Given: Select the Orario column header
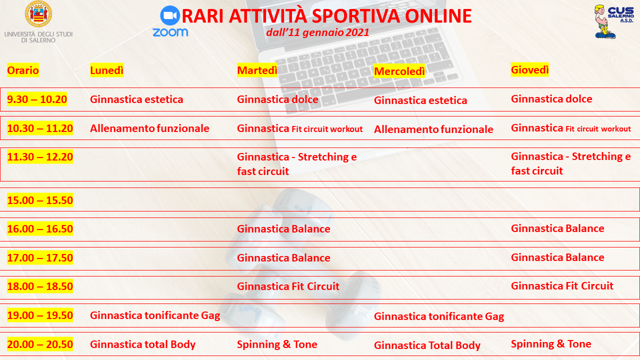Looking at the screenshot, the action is (23, 70).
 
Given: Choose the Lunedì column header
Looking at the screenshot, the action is (107, 70).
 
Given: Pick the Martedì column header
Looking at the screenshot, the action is (257, 70).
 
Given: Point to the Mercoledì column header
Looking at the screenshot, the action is (399, 71).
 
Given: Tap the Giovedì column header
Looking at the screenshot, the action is (529, 69).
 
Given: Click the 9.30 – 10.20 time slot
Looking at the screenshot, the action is (37, 99).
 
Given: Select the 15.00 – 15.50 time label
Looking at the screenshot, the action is (40, 200).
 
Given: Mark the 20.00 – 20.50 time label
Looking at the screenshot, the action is (40, 344).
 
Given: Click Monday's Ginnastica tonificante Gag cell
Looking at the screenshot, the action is (155, 315).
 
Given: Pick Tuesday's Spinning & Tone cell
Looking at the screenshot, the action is (277, 344).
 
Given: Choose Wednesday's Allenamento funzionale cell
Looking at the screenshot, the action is (433, 129).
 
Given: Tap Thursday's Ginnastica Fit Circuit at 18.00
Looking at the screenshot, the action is (562, 285).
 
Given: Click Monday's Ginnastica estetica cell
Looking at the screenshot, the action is (136, 99).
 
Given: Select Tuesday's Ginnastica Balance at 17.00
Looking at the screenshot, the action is (283, 257).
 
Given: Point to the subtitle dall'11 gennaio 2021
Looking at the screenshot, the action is (317, 32).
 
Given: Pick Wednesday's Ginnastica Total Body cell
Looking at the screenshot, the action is (427, 345).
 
